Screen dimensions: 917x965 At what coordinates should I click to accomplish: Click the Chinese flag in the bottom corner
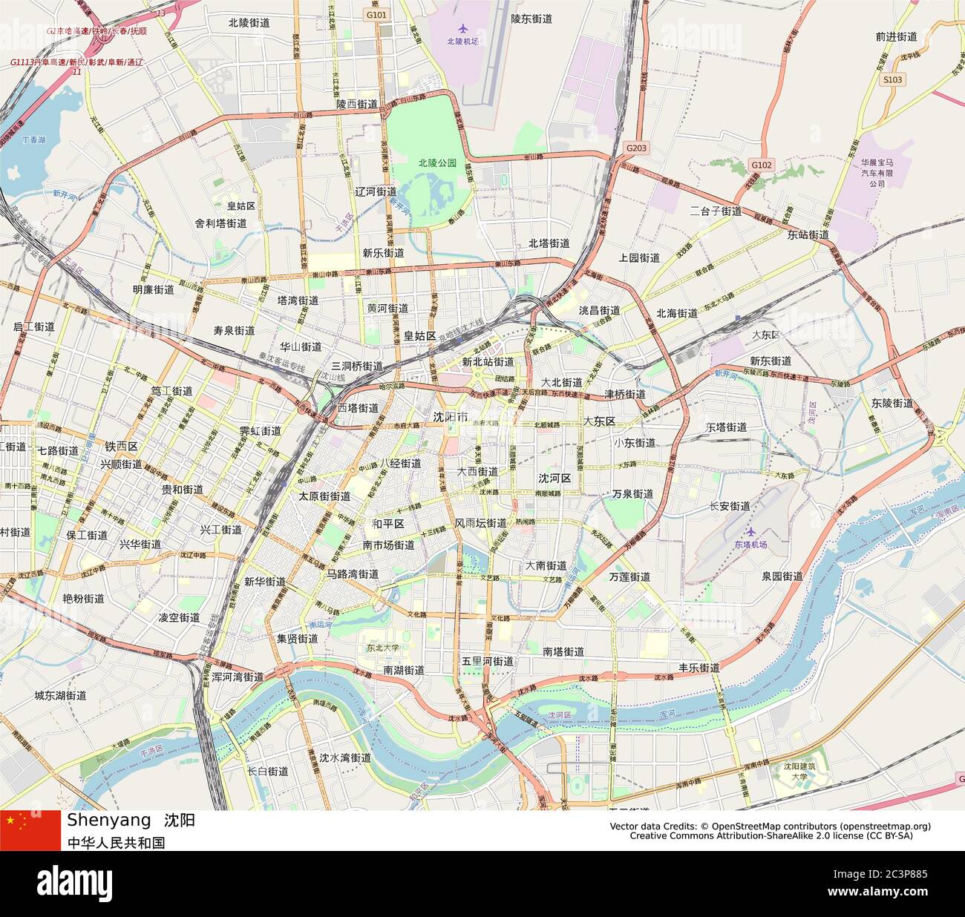click(x=30, y=830)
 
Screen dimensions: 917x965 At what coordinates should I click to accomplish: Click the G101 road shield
click(x=376, y=14)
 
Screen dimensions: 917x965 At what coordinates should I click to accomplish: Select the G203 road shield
click(x=636, y=148)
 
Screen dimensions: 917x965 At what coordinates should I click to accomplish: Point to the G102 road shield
click(x=761, y=165)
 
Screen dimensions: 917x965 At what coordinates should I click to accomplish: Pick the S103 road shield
click(x=893, y=79)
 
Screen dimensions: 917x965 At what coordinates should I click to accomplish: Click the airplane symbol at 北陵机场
click(x=464, y=29)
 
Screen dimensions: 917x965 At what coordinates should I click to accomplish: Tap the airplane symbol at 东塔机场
click(x=750, y=532)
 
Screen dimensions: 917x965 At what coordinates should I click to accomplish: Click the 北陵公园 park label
click(x=437, y=162)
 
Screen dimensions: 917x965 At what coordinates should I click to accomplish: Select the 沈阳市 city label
click(x=451, y=418)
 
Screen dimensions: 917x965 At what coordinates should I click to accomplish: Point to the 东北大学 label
click(x=382, y=647)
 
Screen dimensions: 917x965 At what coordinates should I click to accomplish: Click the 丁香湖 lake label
click(x=33, y=139)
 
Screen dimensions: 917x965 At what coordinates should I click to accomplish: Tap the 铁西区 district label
click(x=121, y=447)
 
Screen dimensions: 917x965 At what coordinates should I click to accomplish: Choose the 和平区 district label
click(x=387, y=524)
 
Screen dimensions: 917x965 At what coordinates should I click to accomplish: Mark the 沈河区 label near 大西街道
click(x=555, y=479)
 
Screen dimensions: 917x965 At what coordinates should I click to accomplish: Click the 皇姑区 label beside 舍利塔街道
click(x=241, y=206)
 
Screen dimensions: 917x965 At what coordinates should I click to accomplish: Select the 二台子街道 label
click(x=716, y=211)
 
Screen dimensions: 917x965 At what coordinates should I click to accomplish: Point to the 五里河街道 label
click(x=488, y=661)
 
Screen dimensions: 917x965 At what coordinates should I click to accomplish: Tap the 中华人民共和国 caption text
click(x=116, y=842)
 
